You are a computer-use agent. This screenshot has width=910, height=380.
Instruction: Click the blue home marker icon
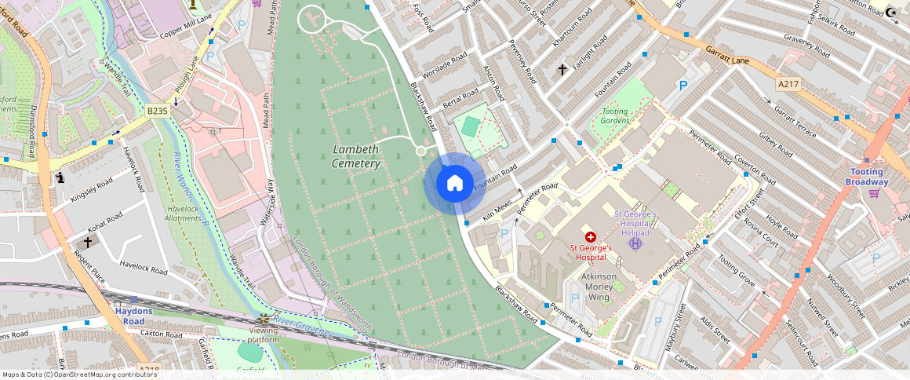[x=454, y=184]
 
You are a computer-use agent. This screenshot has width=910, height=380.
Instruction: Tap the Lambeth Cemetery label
[x=355, y=156]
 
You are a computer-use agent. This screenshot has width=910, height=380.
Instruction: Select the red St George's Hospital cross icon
[x=590, y=236]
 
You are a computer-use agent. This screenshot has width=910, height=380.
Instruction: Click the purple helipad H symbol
[x=635, y=243]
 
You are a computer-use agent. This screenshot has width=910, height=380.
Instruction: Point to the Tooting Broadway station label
[x=866, y=177]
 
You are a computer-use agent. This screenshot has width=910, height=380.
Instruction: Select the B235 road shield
[x=157, y=111]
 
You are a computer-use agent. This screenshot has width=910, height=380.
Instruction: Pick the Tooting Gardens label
[x=615, y=115]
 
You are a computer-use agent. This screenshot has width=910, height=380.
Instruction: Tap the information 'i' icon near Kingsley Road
[x=60, y=178]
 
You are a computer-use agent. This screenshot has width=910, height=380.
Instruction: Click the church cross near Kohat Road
[x=87, y=243]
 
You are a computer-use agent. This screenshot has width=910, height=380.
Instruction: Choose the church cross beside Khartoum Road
[x=562, y=70]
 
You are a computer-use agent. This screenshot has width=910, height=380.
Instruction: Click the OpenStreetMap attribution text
[x=79, y=375]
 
